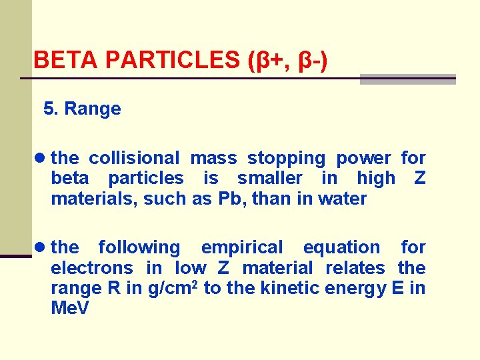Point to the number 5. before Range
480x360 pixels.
(x=51, y=109)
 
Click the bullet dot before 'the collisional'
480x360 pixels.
(x=41, y=158)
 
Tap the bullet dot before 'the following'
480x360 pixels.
(x=41, y=247)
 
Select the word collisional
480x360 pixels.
(x=134, y=158)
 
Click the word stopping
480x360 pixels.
(x=286, y=158)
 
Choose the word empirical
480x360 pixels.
(x=242, y=247)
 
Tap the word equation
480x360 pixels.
(x=341, y=247)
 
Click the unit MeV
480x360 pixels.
(x=70, y=309)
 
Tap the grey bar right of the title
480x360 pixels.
(x=407, y=79)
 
